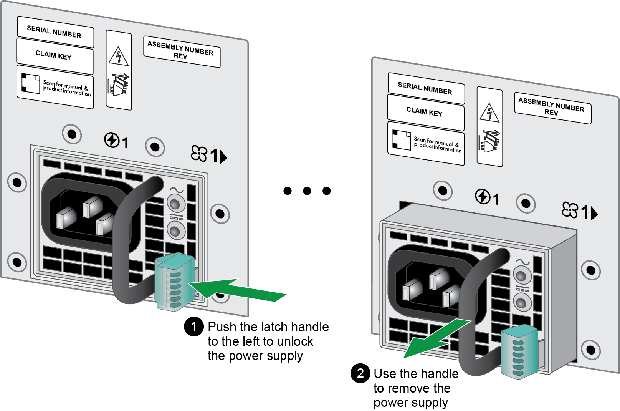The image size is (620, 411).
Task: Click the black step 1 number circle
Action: coord(194,326)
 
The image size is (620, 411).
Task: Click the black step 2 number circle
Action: coord(360,373)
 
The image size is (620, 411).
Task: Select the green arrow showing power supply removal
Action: coord(437,338)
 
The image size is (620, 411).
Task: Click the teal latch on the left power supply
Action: coord(175,282)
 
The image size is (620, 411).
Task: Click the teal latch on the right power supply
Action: coord(519,352)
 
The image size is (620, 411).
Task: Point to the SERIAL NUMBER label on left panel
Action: coord(55,32)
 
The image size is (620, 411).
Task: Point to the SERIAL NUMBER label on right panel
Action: coord(426,88)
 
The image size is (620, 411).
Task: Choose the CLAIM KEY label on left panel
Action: coord(55,56)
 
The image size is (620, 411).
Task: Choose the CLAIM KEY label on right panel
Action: coord(426,112)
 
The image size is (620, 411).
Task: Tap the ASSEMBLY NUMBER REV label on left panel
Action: coord(182,51)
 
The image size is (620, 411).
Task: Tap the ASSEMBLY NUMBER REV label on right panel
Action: coord(553,108)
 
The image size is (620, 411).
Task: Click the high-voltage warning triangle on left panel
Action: coord(119,56)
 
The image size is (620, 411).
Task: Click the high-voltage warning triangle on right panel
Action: coord(489,113)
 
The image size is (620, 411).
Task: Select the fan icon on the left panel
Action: coord(199,153)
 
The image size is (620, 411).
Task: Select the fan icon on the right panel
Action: coord(570,210)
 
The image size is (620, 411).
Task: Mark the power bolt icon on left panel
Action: coord(112,140)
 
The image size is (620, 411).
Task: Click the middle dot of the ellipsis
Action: coord(307,191)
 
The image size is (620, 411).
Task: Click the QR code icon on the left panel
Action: coord(30,83)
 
